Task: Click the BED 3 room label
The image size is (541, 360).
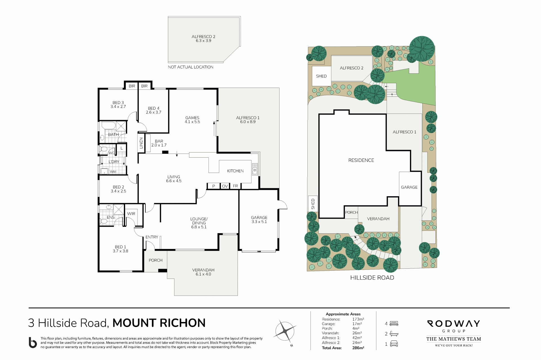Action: click(x=118, y=103)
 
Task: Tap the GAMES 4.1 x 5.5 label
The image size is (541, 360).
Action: click(x=192, y=120)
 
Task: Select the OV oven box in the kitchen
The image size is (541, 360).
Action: click(x=225, y=186)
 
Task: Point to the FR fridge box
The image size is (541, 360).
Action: click(x=235, y=186)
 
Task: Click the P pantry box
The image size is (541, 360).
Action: click(x=214, y=186)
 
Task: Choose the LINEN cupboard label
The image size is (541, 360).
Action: click(x=141, y=143)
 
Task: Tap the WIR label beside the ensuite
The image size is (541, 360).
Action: click(x=131, y=214)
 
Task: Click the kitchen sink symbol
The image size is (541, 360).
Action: click(x=255, y=169)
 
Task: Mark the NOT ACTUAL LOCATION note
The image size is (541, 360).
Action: click(x=190, y=67)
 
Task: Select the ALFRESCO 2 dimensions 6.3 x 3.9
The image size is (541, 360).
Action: click(x=203, y=41)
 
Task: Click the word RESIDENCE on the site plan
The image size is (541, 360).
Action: click(x=361, y=160)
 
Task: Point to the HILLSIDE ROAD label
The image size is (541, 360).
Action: click(x=372, y=278)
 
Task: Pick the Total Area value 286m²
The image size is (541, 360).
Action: click(x=358, y=348)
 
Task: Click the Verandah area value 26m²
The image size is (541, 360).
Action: click(x=357, y=333)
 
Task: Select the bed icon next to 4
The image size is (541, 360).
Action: click(x=394, y=323)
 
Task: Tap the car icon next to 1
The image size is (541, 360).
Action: click(x=394, y=344)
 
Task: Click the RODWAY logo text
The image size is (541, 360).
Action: click(x=454, y=323)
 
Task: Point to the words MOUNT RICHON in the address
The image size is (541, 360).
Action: click(x=159, y=323)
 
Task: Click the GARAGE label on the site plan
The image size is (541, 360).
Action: click(x=409, y=187)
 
